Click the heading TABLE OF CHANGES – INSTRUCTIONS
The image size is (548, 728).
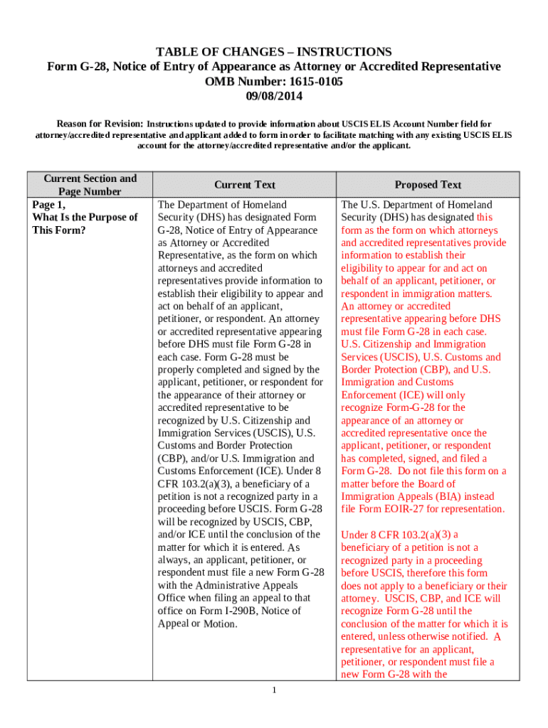tap(274, 52)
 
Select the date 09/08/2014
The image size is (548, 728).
tap(274, 95)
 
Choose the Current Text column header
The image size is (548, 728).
tap(244, 185)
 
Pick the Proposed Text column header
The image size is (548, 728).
tap(428, 185)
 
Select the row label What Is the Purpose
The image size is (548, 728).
tap(85, 218)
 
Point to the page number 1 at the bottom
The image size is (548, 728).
tap(274, 691)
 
